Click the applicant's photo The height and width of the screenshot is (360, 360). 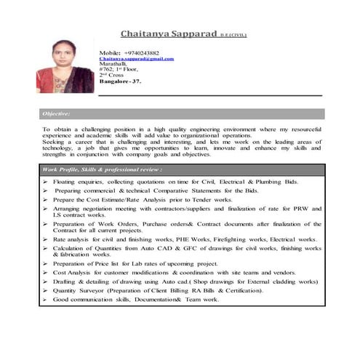pyautogui.click(x=64, y=68)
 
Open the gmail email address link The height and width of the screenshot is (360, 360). pyautogui.click(x=136, y=59)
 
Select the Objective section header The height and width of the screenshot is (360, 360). pyautogui.click(x=57, y=114)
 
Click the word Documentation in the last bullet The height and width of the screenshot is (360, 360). pyautogui.click(x=154, y=300)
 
